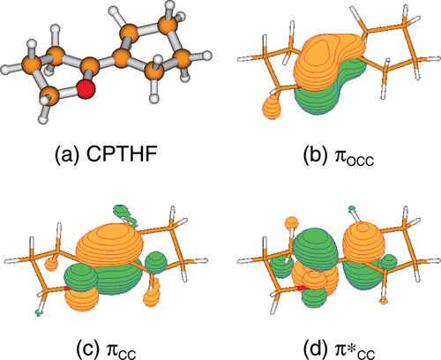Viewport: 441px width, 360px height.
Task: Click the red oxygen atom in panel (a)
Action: tap(86, 88)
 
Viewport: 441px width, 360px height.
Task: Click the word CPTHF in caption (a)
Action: tap(121, 154)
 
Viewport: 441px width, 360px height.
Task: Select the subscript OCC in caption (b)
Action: tap(360, 161)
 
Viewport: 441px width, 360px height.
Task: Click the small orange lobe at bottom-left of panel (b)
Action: tap(272, 108)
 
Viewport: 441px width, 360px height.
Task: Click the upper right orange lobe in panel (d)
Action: tap(363, 241)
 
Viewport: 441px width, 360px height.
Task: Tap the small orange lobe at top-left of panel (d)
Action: tap(292, 222)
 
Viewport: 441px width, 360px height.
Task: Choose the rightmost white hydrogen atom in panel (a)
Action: tap(207, 56)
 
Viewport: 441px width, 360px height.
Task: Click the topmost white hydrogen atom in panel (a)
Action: tap(170, 4)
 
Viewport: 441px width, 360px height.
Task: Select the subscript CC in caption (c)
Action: tap(127, 353)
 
